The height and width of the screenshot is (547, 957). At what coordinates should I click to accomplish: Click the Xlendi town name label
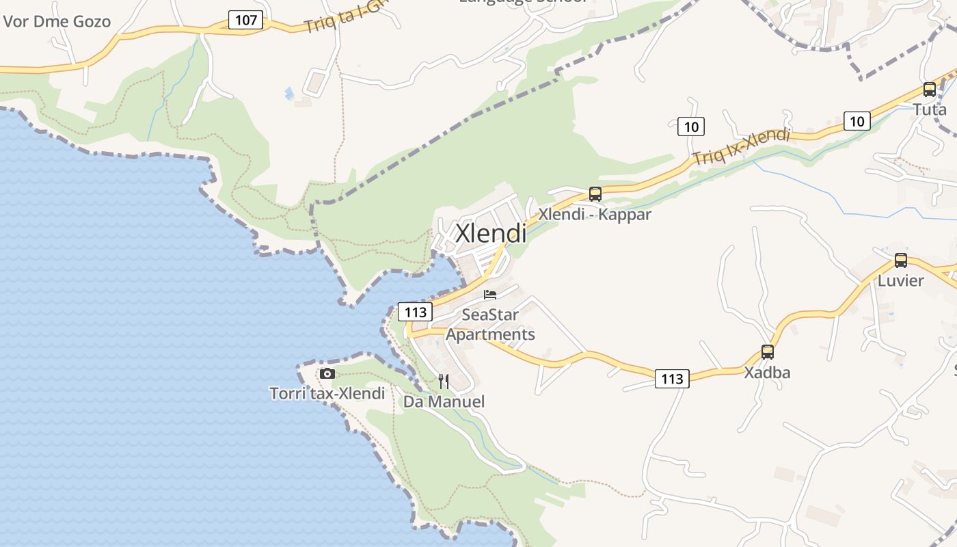pyautogui.click(x=491, y=233)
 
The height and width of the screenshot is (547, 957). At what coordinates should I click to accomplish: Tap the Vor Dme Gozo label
pyautogui.click(x=57, y=21)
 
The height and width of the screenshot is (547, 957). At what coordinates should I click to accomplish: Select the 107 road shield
pyautogui.click(x=245, y=20)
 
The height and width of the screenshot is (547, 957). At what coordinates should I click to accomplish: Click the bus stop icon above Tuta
pyautogui.click(x=929, y=90)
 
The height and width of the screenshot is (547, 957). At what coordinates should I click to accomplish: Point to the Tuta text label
pyautogui.click(x=930, y=109)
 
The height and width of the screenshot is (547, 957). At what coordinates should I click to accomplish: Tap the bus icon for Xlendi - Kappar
pyautogui.click(x=595, y=194)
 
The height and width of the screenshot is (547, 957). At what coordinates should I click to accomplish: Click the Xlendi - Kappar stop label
pyautogui.click(x=595, y=214)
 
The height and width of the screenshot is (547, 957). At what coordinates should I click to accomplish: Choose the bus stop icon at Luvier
pyautogui.click(x=900, y=261)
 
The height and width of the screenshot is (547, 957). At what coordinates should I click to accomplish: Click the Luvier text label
pyautogui.click(x=900, y=280)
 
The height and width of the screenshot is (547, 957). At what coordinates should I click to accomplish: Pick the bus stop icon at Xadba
pyautogui.click(x=768, y=352)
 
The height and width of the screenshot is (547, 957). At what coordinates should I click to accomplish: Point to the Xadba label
pyautogui.click(x=767, y=373)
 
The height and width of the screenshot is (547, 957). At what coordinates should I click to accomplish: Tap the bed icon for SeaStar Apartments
pyautogui.click(x=490, y=295)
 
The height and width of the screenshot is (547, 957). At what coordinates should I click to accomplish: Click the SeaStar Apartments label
pyautogui.click(x=490, y=325)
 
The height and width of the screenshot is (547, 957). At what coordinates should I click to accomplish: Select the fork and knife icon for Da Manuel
pyautogui.click(x=444, y=382)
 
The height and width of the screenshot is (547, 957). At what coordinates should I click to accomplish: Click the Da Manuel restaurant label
pyautogui.click(x=444, y=401)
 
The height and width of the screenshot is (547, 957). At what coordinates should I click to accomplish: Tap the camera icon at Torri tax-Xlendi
pyautogui.click(x=327, y=373)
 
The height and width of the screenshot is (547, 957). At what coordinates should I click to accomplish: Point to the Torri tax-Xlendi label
pyautogui.click(x=327, y=393)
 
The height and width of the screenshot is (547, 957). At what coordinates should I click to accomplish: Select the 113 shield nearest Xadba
pyautogui.click(x=672, y=378)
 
